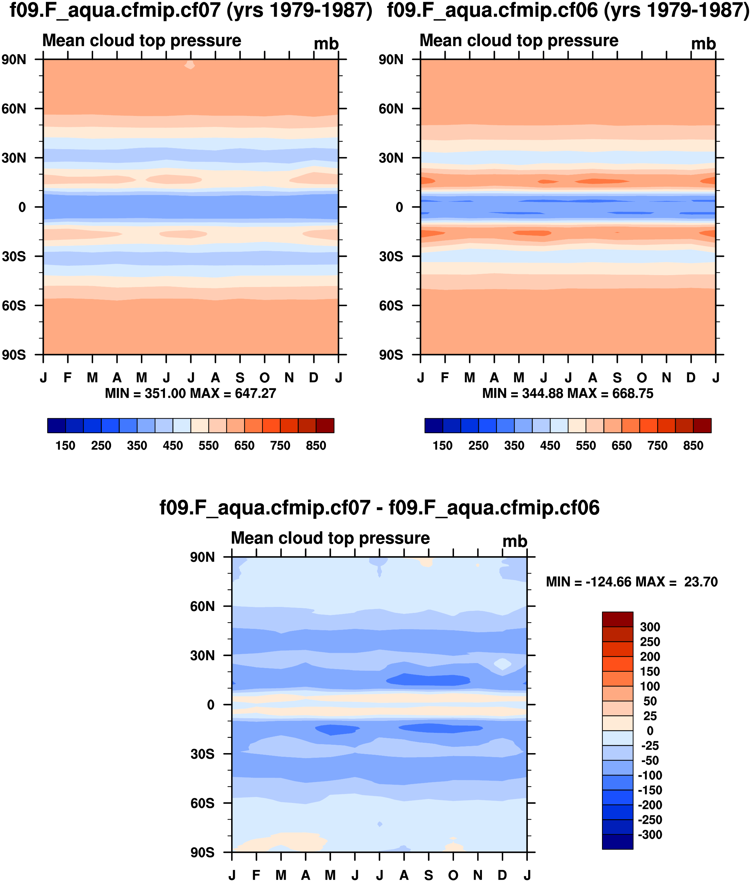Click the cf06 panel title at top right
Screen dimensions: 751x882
point(568,10)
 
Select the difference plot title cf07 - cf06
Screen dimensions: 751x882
point(379,508)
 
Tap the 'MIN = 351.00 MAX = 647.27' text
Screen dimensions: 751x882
point(191,393)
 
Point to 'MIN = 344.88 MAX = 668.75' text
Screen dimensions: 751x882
point(568,393)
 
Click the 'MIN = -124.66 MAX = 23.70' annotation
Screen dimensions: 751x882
point(632,582)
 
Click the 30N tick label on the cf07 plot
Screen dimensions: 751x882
point(14,158)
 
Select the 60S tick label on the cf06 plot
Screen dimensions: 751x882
point(391,306)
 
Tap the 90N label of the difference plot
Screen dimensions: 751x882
point(202,557)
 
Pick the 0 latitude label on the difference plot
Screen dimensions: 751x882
point(211,705)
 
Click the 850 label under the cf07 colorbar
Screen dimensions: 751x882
point(316,446)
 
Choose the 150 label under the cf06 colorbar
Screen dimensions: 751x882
point(442,446)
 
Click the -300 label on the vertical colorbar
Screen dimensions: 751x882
point(650,835)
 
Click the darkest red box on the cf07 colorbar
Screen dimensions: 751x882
point(325,426)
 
